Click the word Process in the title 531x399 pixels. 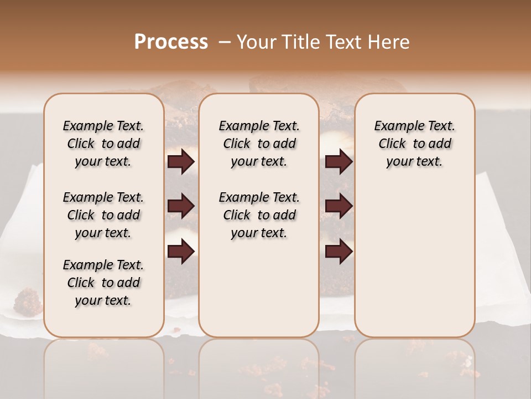click(x=171, y=42)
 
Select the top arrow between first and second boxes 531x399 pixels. click(x=181, y=161)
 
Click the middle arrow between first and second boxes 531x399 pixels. click(x=181, y=206)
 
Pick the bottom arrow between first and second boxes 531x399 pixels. click(x=181, y=251)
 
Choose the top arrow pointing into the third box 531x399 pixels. click(x=339, y=161)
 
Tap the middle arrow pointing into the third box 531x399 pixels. click(x=339, y=206)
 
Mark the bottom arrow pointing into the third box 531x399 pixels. click(x=339, y=251)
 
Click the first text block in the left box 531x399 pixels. click(x=103, y=144)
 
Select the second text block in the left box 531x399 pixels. click(x=103, y=215)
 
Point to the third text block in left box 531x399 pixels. click(x=103, y=283)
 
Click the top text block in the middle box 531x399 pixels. click(x=259, y=144)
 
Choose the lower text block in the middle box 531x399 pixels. click(x=259, y=215)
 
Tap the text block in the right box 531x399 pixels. click(x=414, y=144)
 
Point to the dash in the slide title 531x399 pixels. click(x=224, y=42)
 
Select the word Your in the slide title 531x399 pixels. click(x=256, y=42)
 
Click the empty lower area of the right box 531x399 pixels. click(x=414, y=260)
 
